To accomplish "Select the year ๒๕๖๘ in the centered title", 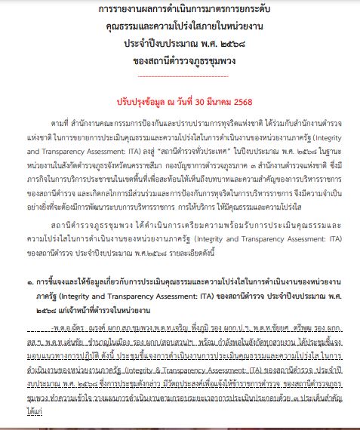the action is [x=227, y=45].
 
